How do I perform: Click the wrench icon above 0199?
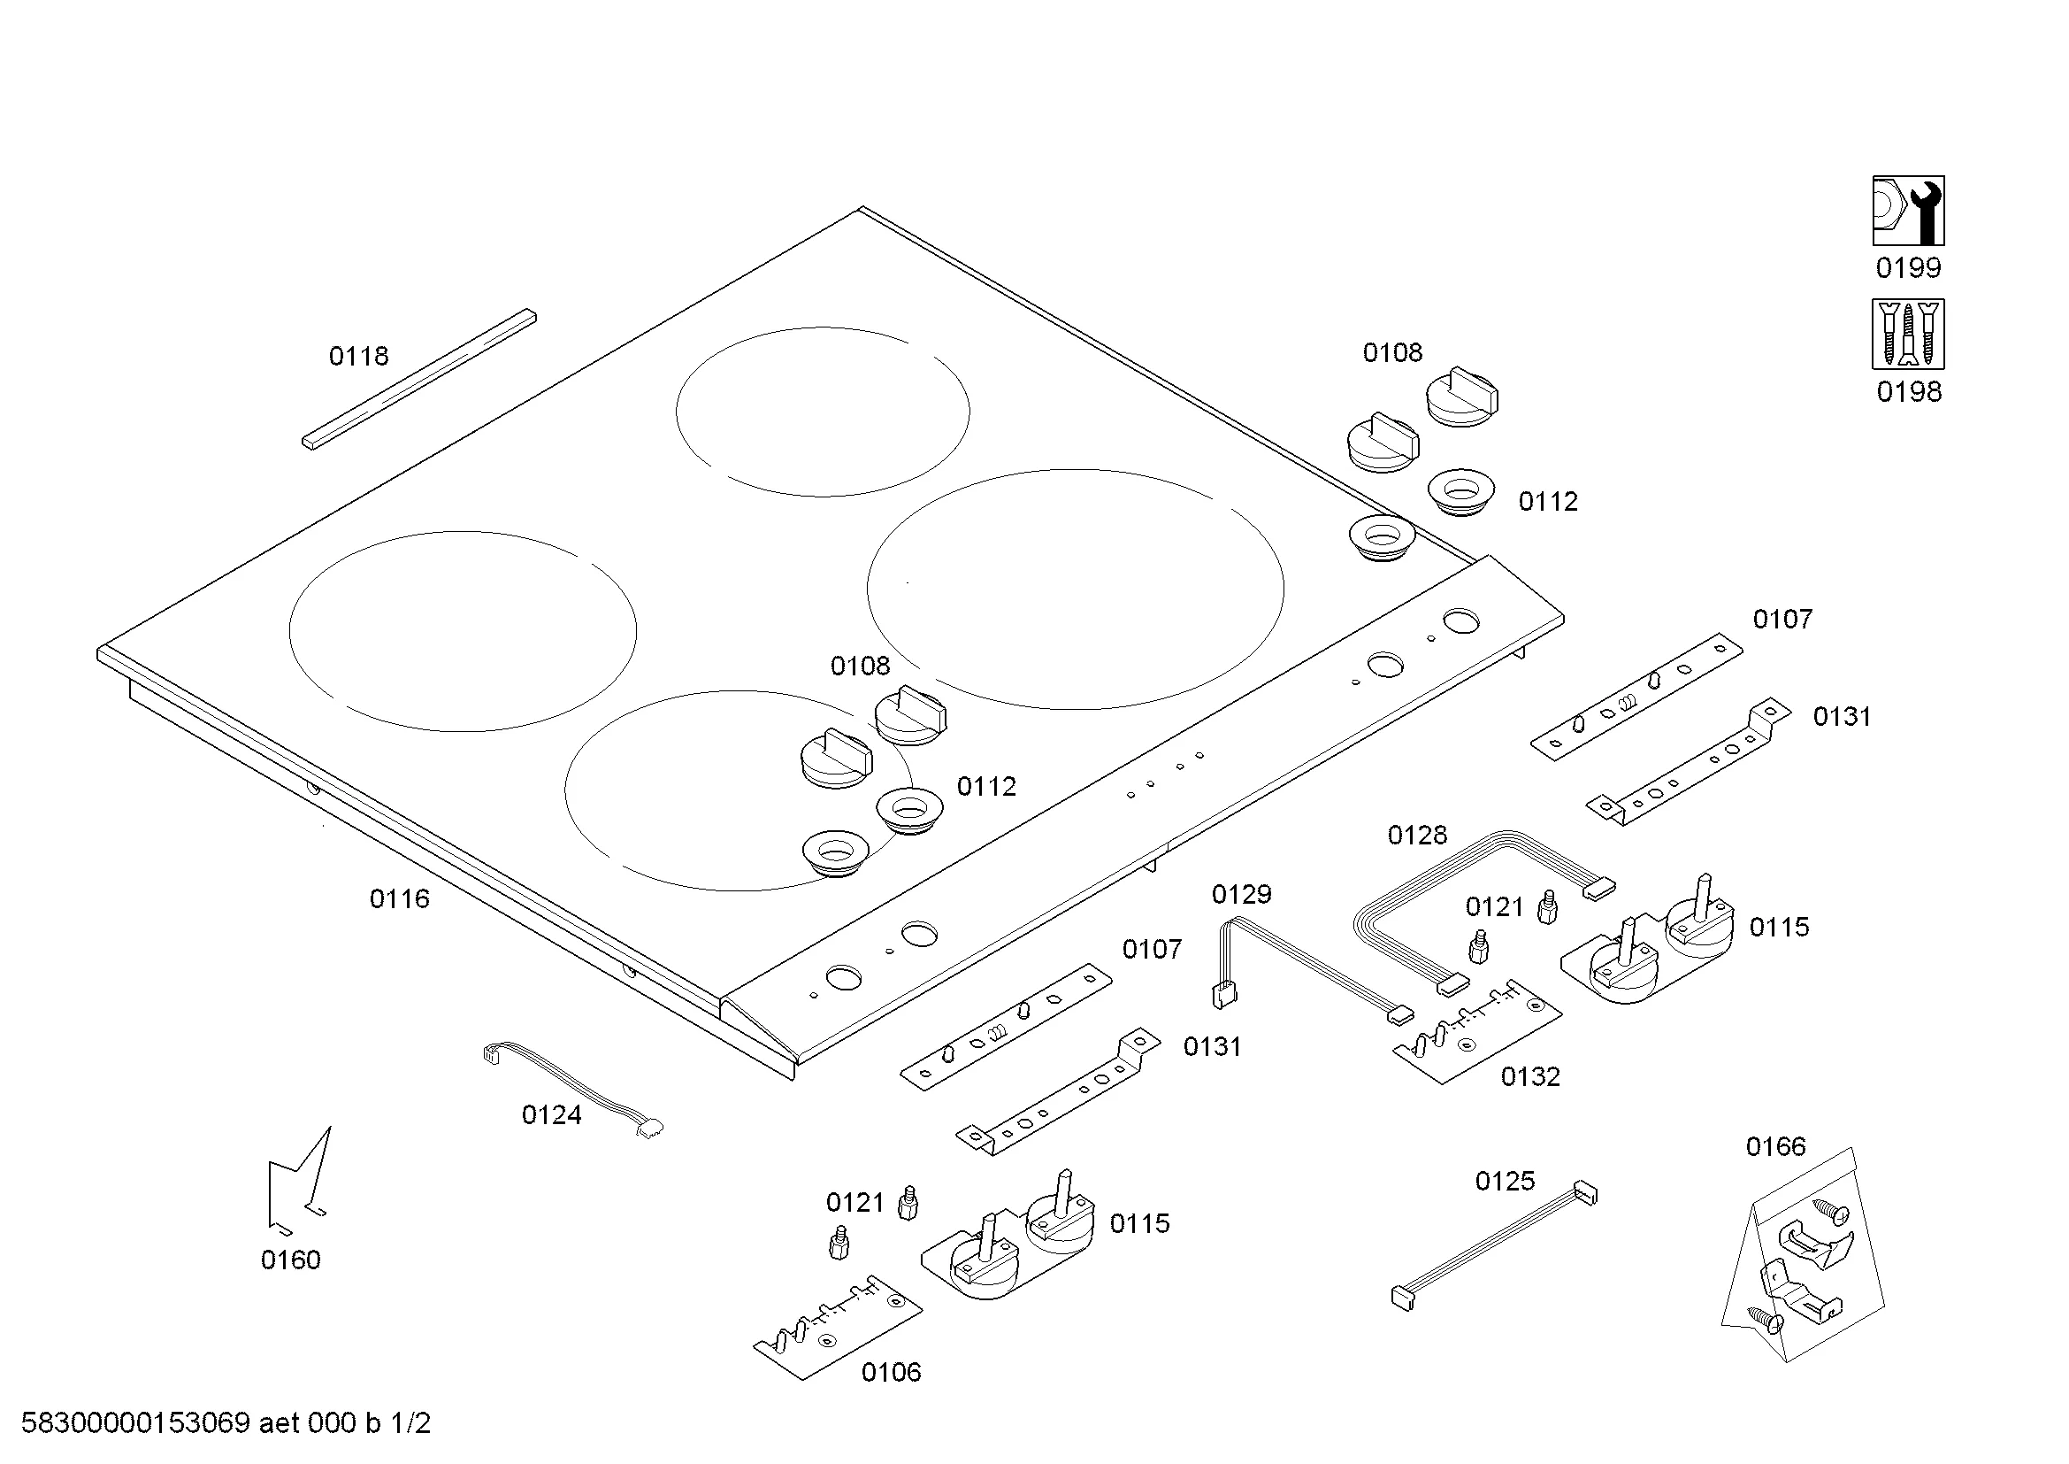click(x=1908, y=211)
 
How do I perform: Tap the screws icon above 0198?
click(x=1908, y=335)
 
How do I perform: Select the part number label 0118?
click(x=358, y=357)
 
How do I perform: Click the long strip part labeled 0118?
click(x=419, y=380)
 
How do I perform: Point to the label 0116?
click(x=399, y=898)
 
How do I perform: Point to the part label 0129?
click(x=1241, y=894)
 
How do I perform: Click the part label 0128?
click(x=1416, y=836)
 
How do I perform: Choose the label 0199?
click(x=1908, y=267)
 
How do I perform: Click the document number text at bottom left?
click(x=226, y=1423)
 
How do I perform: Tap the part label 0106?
click(x=891, y=1372)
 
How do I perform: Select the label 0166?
click(x=1775, y=1146)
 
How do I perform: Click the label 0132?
click(x=1530, y=1076)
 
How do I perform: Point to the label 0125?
click(x=1504, y=1181)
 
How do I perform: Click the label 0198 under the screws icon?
click(x=1909, y=392)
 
